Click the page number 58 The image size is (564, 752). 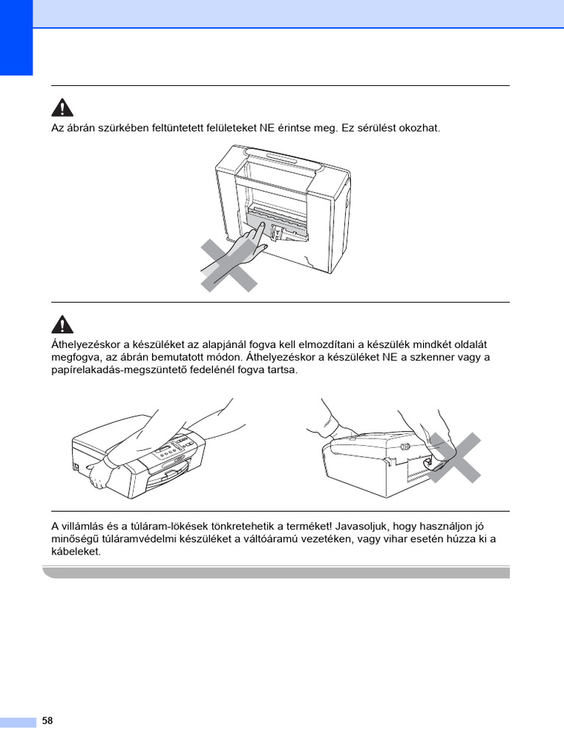(x=48, y=720)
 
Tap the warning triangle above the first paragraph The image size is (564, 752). (x=62, y=107)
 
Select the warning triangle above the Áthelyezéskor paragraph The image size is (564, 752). (x=62, y=324)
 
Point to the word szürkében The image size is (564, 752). (x=126, y=128)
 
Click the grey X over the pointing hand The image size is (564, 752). (x=229, y=266)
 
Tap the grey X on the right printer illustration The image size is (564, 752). (x=454, y=458)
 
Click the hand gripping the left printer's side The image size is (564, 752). (x=100, y=476)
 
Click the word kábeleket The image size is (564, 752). (x=76, y=552)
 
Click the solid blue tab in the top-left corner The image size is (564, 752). (x=16, y=37)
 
